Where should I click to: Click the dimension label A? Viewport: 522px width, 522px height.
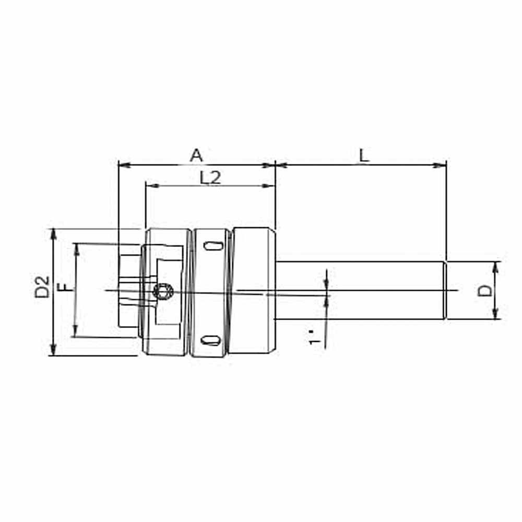click(196, 156)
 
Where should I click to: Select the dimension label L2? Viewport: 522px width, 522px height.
click(210, 177)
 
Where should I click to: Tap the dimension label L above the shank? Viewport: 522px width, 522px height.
click(364, 156)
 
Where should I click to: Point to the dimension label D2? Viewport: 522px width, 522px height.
click(42, 287)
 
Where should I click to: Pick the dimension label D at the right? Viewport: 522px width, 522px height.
click(485, 291)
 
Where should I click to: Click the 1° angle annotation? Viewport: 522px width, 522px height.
click(314, 337)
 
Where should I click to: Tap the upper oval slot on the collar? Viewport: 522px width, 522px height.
click(213, 246)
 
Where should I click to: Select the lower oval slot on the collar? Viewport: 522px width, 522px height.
click(210, 340)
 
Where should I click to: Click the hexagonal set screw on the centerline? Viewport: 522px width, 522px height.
click(163, 292)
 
